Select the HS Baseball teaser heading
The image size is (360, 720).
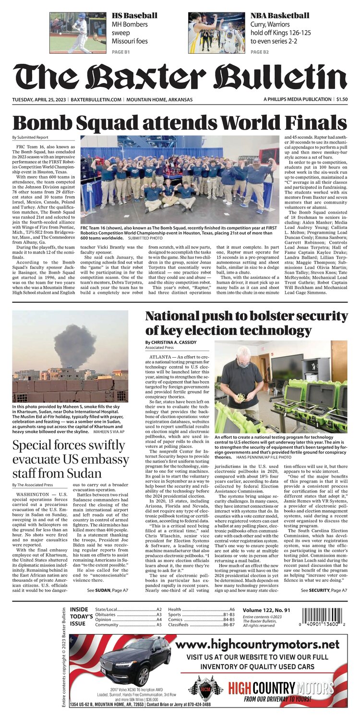(134, 16)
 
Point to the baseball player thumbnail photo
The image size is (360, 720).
(78, 33)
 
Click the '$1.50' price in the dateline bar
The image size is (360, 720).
(342, 99)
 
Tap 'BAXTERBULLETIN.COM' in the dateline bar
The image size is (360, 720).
(96, 99)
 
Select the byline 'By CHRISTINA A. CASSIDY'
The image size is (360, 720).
(176, 342)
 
